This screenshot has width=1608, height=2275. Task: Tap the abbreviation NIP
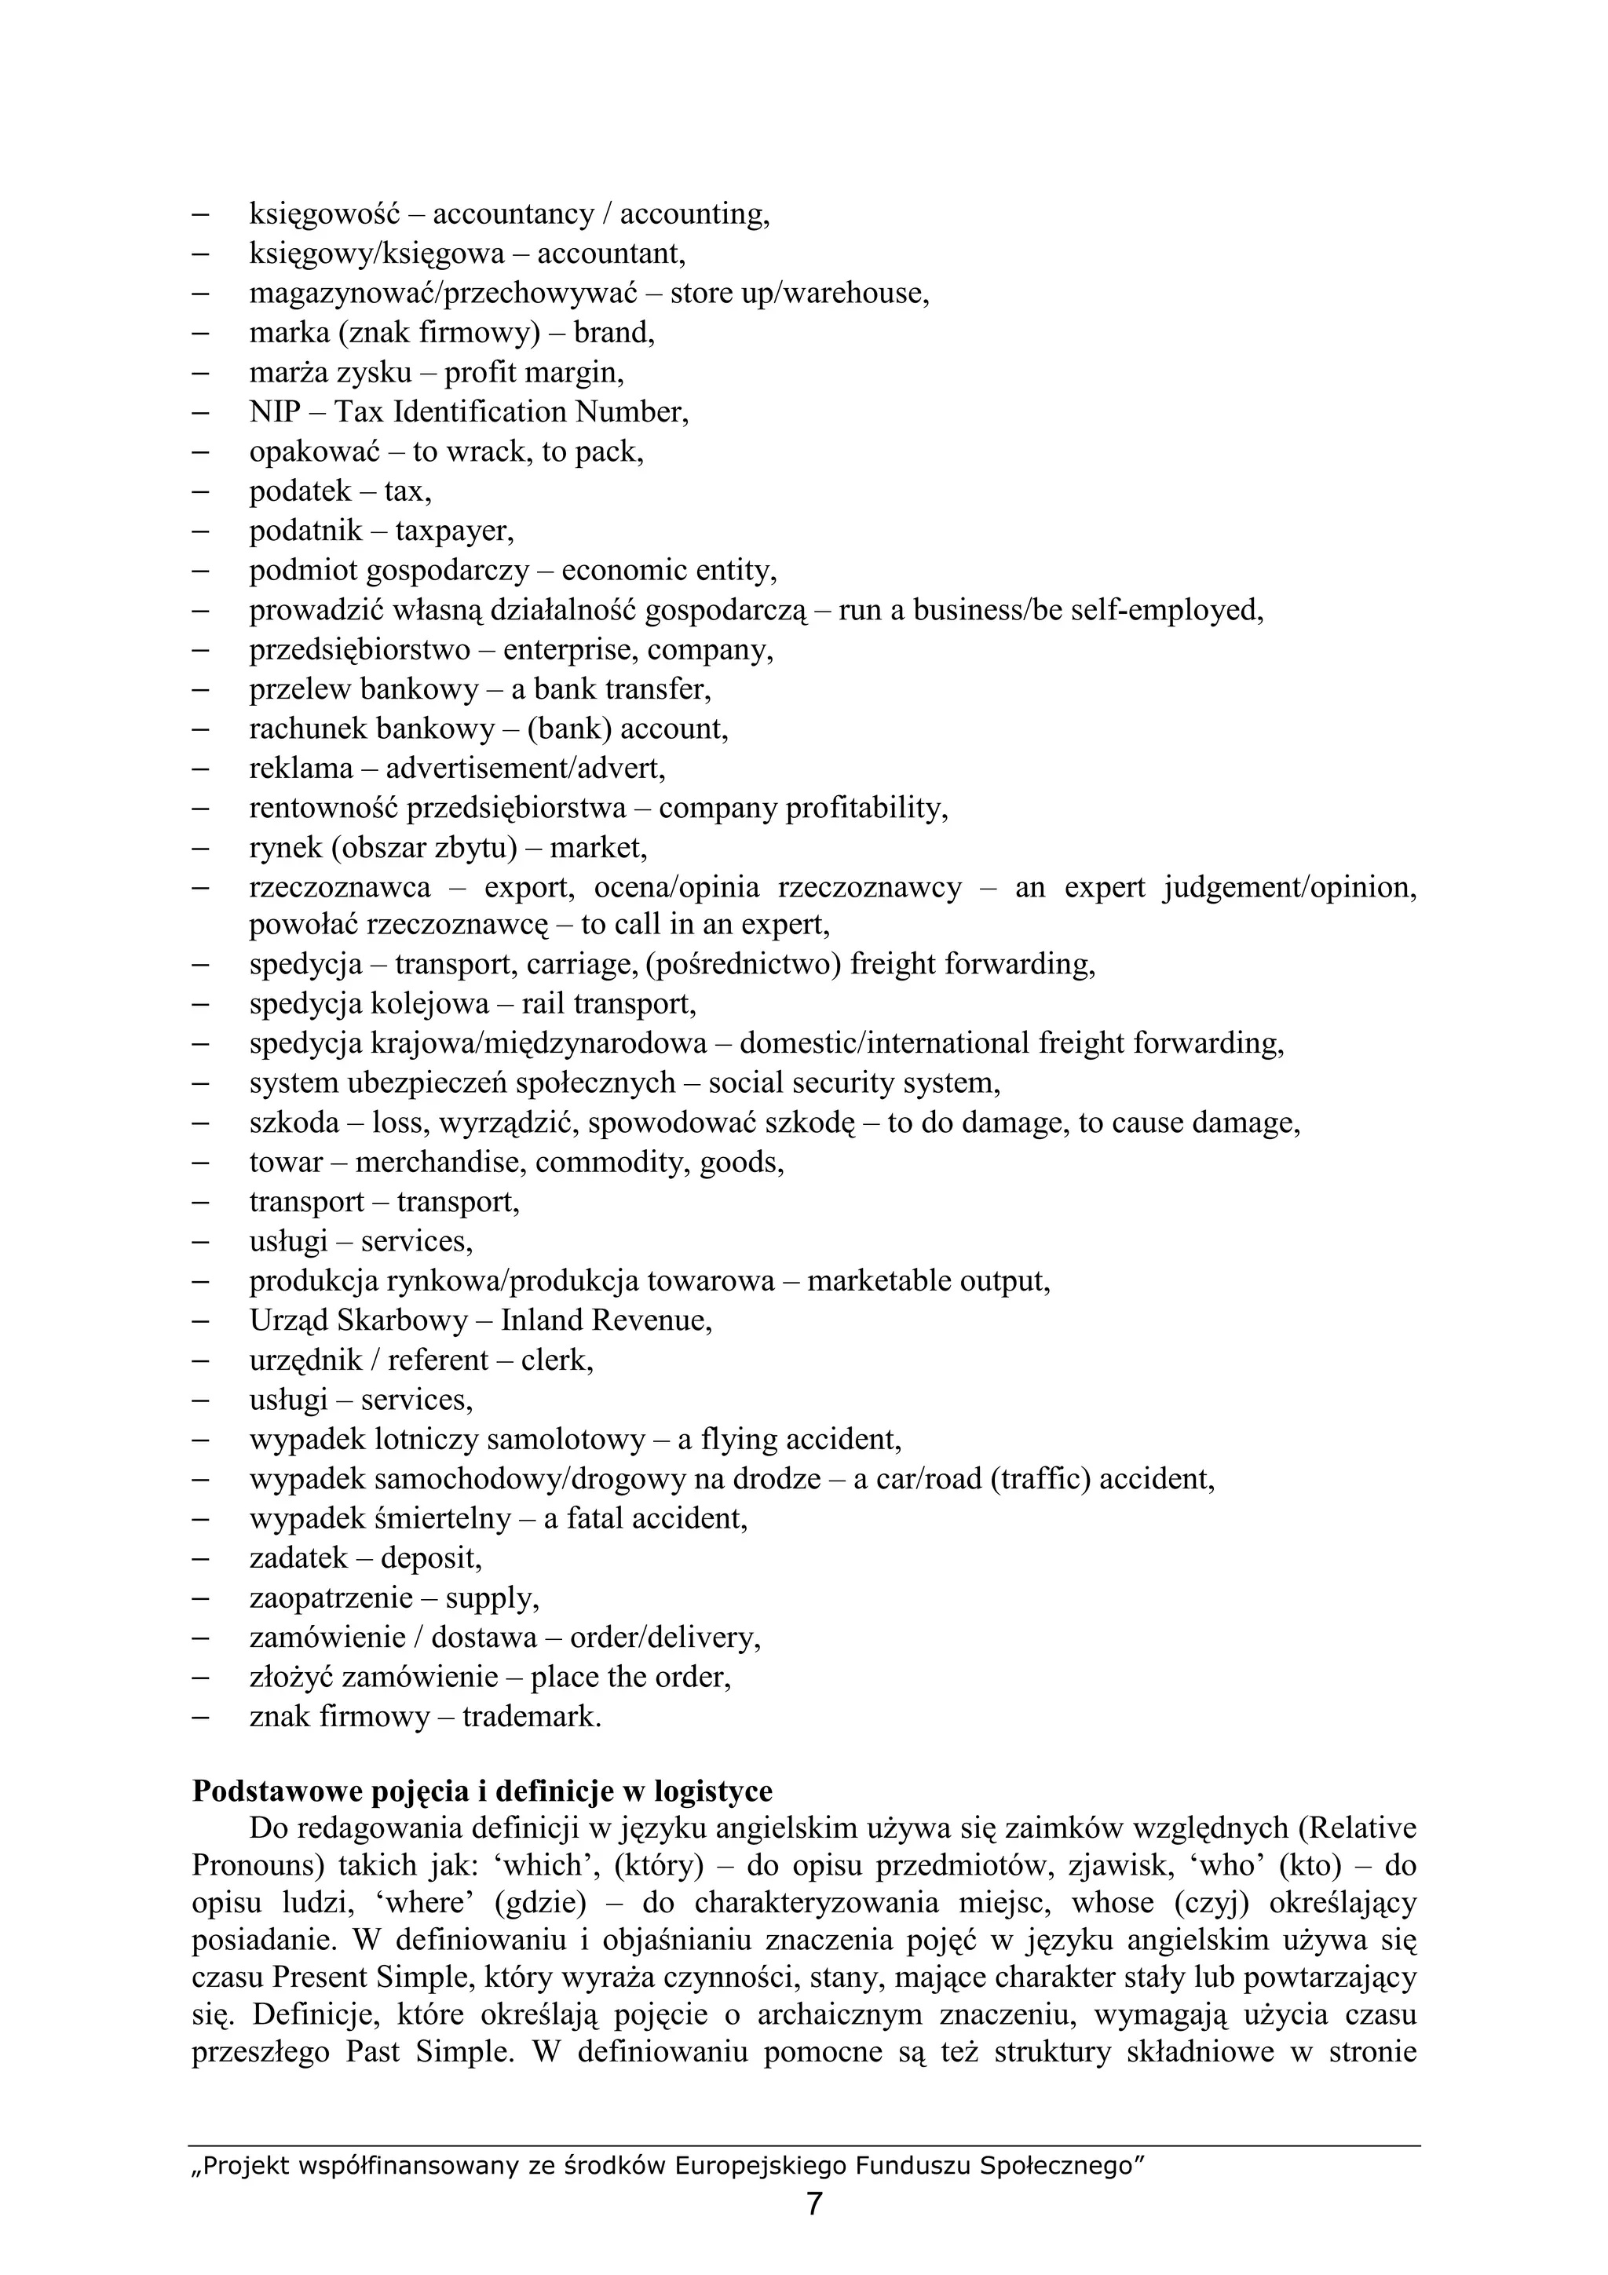tap(275, 412)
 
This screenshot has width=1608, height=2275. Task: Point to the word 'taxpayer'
tap(454, 532)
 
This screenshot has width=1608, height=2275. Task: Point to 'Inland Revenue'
tap(605, 1321)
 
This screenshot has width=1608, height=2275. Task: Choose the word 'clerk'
tap(556, 1360)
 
